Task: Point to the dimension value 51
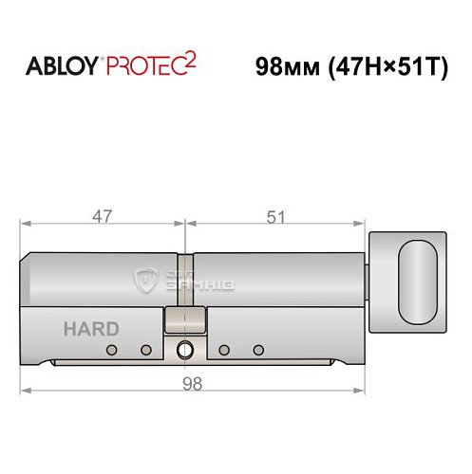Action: click(x=276, y=216)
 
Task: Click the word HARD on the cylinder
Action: click(x=91, y=329)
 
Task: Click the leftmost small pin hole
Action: click(x=112, y=352)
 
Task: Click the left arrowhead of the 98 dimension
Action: click(x=26, y=390)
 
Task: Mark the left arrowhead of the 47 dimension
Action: click(x=26, y=226)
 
